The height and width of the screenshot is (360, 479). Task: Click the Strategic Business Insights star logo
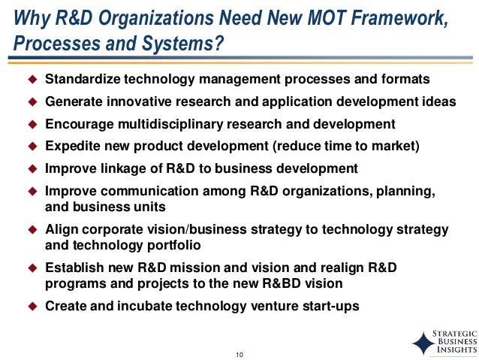point(423,342)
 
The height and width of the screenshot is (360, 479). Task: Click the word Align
point(62,228)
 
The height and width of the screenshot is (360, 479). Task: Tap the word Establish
point(74,267)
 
